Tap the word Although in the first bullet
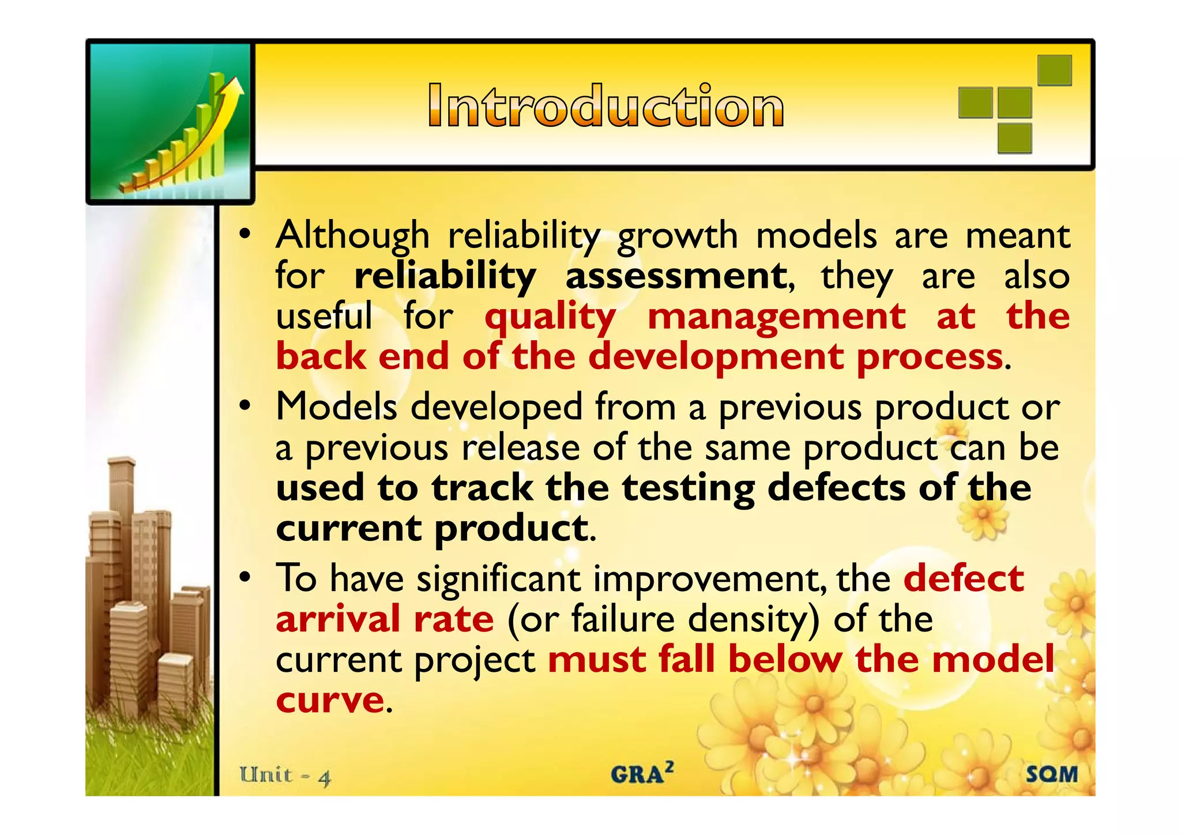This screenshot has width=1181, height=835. pos(352,236)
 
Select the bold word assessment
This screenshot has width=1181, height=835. pos(675,276)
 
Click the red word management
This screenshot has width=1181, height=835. pos(776,318)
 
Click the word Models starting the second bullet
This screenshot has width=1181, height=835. pos(336,407)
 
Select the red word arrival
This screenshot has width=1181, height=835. pos(338,619)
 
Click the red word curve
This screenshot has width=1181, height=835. pos(329,700)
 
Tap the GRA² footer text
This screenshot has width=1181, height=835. pos(642,773)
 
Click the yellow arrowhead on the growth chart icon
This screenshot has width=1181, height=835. pos(234,88)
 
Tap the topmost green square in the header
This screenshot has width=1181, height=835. pos(1054,70)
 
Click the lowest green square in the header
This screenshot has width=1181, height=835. pos(1014,138)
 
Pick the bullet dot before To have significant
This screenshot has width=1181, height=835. pos(245,577)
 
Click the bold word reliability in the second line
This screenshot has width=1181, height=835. pos(445,276)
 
